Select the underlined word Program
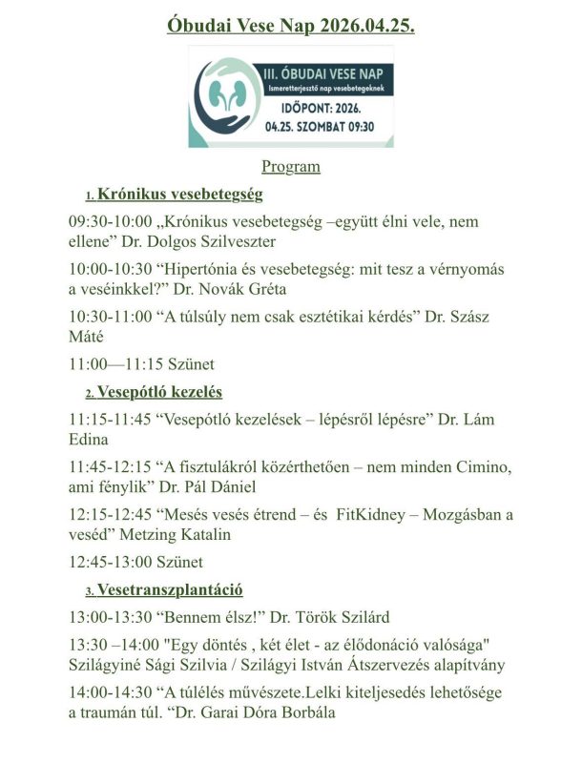click(291, 167)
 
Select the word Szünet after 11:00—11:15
click(188, 363)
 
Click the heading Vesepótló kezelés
click(167, 391)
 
